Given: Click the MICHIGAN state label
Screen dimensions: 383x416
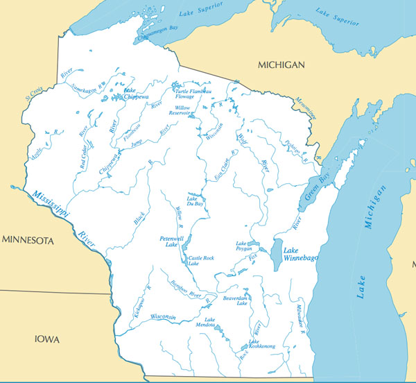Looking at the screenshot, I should (281, 65).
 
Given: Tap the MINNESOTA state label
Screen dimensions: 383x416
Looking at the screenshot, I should (28, 241).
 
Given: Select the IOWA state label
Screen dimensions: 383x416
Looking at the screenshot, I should (47, 339).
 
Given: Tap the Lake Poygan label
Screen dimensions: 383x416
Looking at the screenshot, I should (242, 248).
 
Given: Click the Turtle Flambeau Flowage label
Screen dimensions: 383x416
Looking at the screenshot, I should (189, 94).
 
